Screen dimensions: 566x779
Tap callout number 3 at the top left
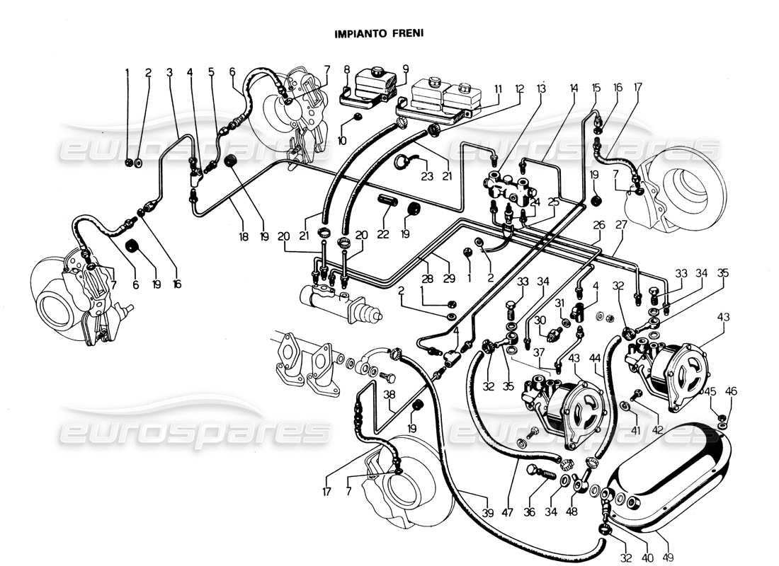click(x=169, y=72)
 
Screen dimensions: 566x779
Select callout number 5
click(x=211, y=71)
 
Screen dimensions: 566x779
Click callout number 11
click(x=498, y=88)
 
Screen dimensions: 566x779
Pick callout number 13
click(x=541, y=88)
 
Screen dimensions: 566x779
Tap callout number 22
click(x=383, y=234)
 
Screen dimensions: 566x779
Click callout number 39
click(x=487, y=513)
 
